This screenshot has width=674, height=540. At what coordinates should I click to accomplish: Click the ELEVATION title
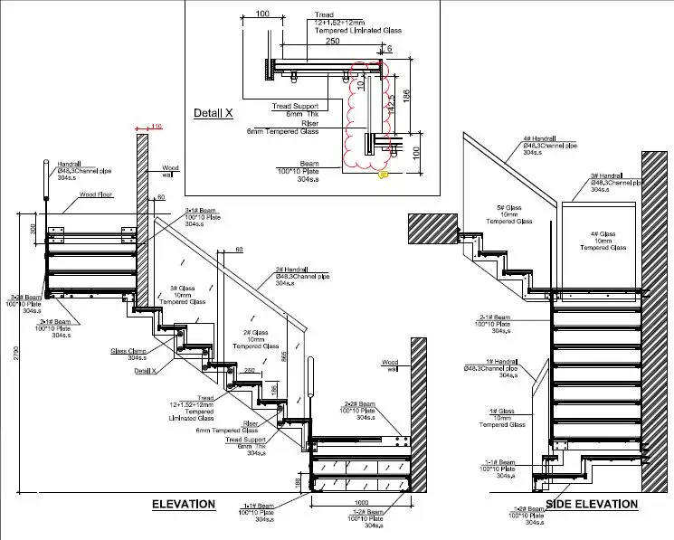coord(183,504)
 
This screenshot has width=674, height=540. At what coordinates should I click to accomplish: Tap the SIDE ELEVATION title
coord(591,504)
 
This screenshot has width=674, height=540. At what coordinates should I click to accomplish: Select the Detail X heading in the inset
coord(214,114)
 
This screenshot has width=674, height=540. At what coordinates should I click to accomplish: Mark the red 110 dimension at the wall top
coord(156,126)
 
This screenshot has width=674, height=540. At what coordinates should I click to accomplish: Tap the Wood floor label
coord(98,194)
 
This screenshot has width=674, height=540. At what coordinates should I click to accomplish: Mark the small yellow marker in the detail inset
coord(384,174)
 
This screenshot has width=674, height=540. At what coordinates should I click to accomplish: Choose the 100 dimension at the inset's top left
coord(262,14)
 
